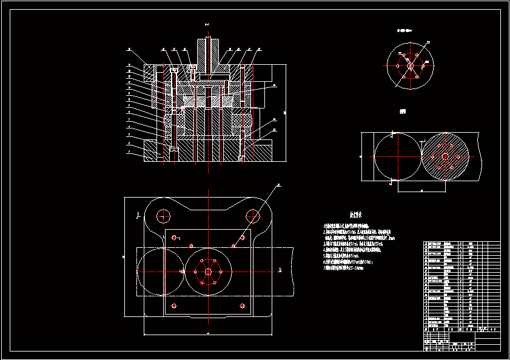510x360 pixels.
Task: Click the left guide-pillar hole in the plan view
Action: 163,215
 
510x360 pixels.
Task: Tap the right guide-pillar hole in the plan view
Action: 252,215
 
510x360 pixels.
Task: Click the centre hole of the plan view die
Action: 208,272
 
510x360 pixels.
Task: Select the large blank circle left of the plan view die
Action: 161,272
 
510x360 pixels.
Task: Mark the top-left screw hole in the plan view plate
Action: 174,237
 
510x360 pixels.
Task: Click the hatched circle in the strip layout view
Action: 445,156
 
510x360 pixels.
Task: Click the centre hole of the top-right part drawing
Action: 410,65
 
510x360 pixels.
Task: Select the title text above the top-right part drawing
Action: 404,29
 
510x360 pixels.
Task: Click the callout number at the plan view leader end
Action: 278,185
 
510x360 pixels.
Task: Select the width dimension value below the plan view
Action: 207,335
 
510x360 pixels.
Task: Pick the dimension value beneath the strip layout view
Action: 421,190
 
